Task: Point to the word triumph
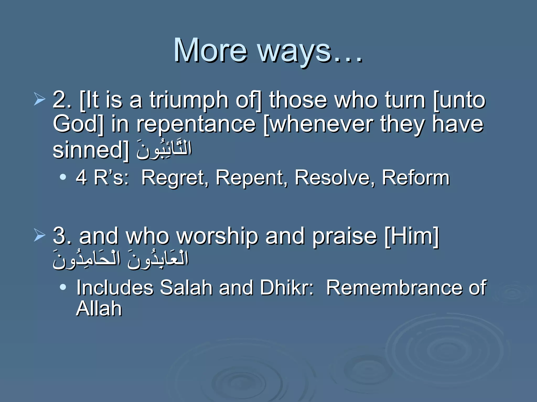189,100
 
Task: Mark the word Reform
416,178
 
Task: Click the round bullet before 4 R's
63,177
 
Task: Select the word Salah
186,288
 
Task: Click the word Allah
99,309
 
